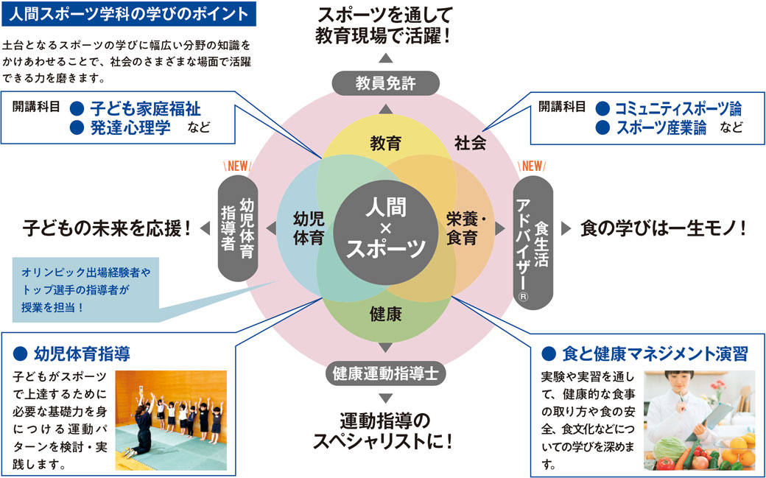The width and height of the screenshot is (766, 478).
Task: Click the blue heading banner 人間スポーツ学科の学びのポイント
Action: click(130, 13)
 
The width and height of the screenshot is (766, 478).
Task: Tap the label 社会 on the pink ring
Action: click(469, 143)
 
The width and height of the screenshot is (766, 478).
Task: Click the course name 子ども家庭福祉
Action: click(145, 108)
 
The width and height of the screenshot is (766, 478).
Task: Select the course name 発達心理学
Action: click(130, 127)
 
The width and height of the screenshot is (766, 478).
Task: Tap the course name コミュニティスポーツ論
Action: click(678, 108)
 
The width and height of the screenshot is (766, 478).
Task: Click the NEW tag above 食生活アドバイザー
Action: click(531, 165)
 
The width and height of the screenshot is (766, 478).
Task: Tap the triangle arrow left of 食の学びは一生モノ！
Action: click(566, 228)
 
